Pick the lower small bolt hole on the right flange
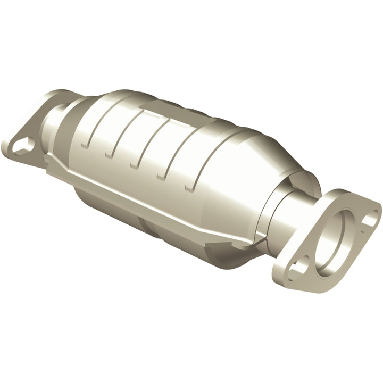[302, 263]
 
